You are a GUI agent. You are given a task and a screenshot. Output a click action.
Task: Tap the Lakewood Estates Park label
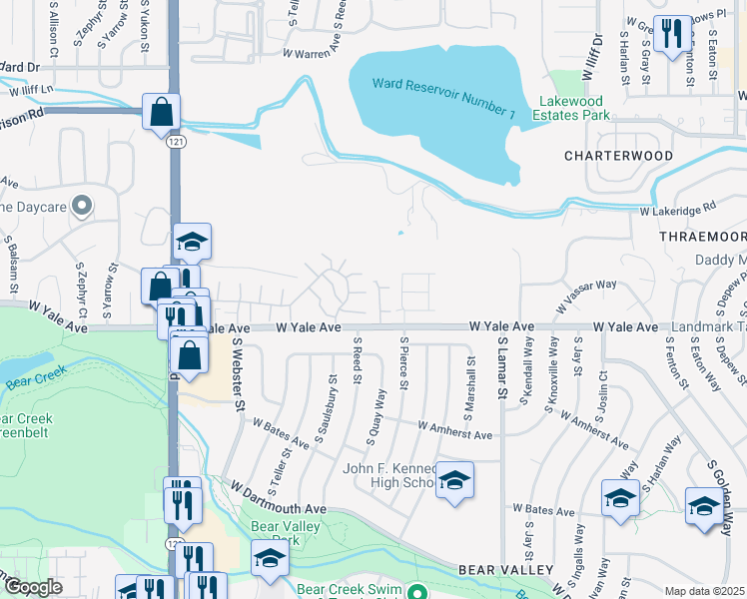coord(574,108)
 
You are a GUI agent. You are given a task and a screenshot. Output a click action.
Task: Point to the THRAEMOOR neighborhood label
coord(702,236)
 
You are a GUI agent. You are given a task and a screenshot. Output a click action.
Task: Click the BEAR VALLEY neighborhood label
coord(505,569)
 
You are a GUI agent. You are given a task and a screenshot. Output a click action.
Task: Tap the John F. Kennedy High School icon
coord(454,481)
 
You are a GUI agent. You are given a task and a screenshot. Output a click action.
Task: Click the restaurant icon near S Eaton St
coord(670,33)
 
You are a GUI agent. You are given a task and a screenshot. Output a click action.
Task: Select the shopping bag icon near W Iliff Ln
coord(161,113)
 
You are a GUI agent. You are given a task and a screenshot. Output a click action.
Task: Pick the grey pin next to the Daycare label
coord(83,206)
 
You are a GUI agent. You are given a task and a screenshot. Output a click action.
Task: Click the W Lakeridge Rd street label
coord(679,209)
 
